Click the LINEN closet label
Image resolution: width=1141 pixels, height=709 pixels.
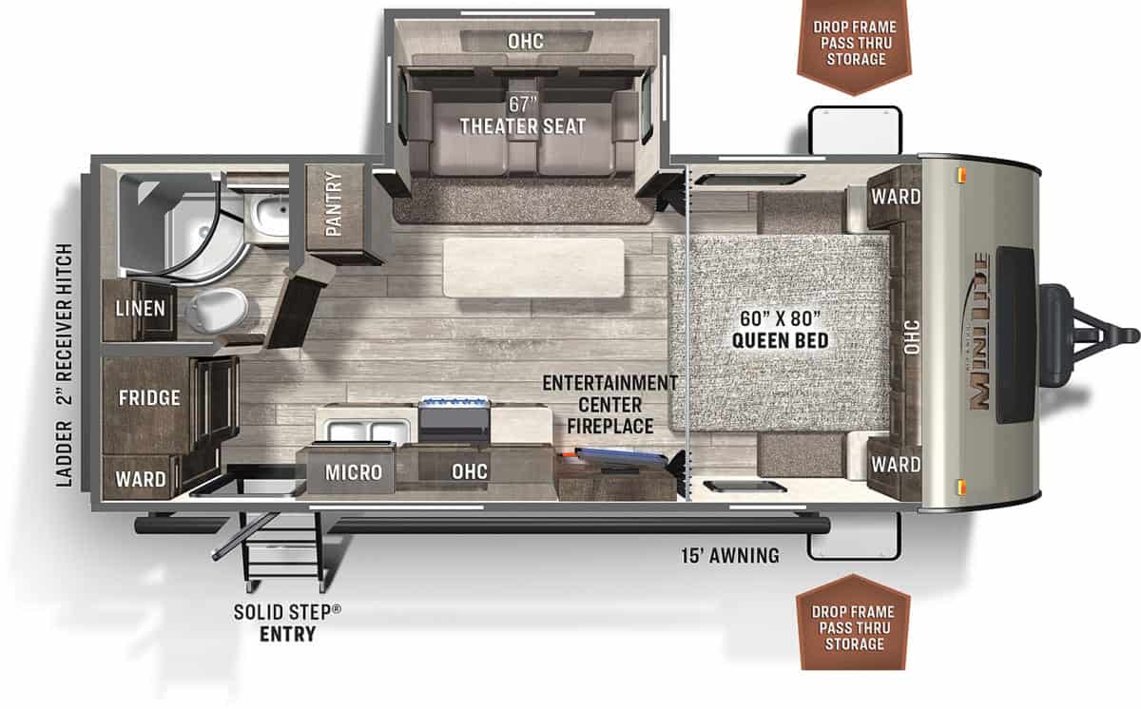coord(141,308)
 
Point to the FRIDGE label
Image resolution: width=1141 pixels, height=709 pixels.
coord(149,397)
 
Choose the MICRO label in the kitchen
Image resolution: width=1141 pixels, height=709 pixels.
coord(353,472)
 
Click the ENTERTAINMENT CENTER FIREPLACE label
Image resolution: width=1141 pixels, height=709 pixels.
coord(609,404)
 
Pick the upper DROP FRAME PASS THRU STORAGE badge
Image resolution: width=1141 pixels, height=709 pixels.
coord(854,44)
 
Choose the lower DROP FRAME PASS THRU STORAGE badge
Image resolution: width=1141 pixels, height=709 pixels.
coord(854,628)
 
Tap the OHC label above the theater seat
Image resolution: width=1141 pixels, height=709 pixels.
coord(525,42)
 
